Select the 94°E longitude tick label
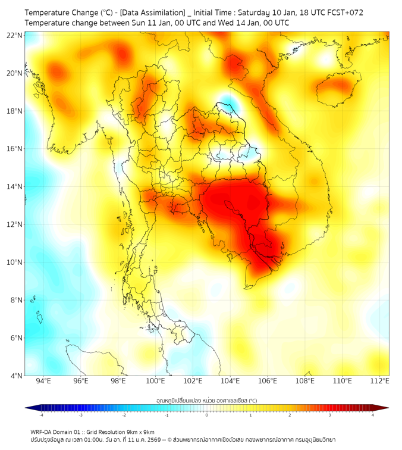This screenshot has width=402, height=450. click(43, 382)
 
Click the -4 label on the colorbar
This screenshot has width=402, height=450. click(41, 414)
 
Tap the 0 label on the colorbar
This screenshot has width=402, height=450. click(207, 414)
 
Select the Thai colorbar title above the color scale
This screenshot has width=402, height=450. click(206, 400)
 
